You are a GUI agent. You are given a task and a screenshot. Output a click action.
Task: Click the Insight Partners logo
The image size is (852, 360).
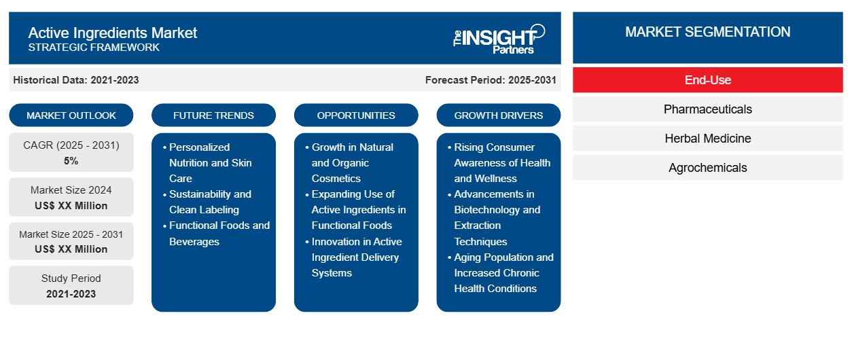(499, 39)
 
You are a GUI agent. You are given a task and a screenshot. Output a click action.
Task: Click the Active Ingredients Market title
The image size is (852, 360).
(113, 33)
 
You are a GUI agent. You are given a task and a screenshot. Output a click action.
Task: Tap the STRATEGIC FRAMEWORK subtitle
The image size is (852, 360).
(94, 48)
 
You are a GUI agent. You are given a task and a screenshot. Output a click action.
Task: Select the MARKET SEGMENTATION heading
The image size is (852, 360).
(707, 32)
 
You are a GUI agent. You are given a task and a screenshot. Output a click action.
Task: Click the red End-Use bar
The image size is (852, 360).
(708, 80)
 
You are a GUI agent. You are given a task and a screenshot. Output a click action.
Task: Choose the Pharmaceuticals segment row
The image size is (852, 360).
(708, 109)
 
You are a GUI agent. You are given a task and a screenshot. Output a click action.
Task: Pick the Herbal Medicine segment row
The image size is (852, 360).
(708, 139)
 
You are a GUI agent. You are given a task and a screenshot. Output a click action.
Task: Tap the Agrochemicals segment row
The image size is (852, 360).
(708, 168)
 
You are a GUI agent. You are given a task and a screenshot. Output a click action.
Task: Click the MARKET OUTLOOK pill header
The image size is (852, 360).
(71, 115)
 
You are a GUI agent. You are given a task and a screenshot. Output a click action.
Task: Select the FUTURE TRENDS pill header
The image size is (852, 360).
(213, 115)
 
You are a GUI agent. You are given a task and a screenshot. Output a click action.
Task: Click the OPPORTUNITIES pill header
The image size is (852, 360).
(356, 115)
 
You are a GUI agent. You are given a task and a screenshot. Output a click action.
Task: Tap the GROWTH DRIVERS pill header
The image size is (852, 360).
(498, 115)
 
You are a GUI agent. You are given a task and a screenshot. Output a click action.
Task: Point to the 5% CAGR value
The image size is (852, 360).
(71, 161)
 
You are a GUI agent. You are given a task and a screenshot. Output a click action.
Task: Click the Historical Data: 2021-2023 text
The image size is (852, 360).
(76, 80)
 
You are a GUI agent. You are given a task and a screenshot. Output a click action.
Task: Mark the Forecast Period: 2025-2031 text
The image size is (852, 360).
(491, 80)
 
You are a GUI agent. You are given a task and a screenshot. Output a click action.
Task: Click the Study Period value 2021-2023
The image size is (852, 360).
(71, 294)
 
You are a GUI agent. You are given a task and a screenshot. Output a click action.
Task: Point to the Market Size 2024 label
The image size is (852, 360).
(71, 190)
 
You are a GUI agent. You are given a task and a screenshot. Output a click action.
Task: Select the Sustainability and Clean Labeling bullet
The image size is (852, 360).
(207, 202)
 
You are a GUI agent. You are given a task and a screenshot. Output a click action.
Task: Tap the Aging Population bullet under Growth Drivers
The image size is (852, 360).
(501, 272)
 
